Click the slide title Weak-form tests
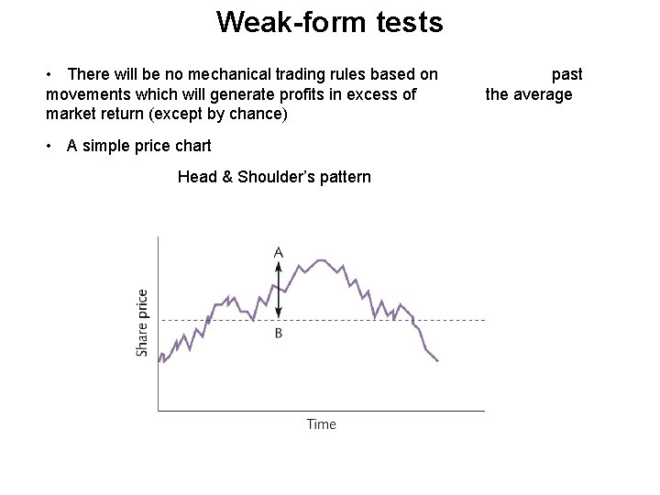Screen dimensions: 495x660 (x=329, y=22)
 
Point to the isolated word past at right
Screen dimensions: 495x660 (x=566, y=74)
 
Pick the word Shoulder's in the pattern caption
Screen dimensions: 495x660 (x=274, y=177)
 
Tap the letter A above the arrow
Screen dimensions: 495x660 (x=278, y=251)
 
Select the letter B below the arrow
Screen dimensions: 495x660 (x=278, y=334)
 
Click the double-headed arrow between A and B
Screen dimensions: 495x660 (x=278, y=291)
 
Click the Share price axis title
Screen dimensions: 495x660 (x=142, y=323)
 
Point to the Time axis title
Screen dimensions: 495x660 (x=321, y=424)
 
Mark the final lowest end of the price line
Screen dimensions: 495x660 (x=437, y=361)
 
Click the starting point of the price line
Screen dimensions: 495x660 (x=159, y=361)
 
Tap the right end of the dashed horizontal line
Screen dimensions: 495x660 (x=483, y=320)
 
